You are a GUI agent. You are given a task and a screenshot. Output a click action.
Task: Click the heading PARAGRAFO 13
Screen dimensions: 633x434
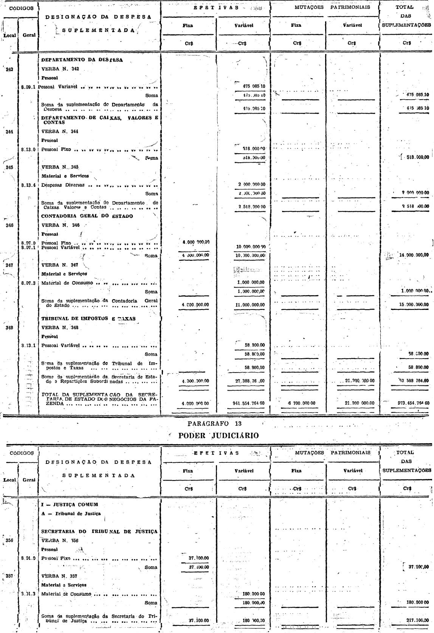(214, 424)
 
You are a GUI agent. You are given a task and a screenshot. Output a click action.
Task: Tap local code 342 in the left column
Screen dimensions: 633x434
(9, 69)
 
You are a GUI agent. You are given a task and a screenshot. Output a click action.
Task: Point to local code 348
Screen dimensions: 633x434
(9, 328)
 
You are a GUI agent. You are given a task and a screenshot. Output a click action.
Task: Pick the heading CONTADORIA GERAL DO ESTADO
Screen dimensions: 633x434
(87, 216)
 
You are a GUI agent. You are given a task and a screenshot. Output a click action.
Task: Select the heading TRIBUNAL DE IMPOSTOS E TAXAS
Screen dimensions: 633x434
(88, 319)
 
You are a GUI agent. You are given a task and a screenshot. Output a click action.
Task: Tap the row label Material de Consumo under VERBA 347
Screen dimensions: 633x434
(67, 283)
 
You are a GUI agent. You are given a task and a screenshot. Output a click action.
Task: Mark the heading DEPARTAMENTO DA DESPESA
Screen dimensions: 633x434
(82, 60)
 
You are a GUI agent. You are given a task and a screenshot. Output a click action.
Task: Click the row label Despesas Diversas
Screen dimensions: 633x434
(63, 185)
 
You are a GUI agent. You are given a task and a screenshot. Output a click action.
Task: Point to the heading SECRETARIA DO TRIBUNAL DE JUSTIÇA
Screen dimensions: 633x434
(99, 531)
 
